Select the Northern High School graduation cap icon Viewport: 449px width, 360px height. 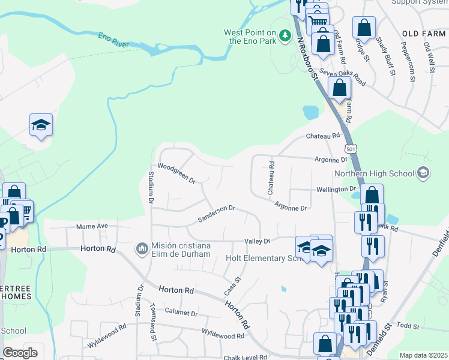tap(423, 173)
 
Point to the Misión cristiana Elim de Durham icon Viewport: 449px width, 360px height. tap(142, 248)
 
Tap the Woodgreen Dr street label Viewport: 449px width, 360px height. tap(176, 173)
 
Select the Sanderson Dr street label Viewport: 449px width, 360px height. tap(216, 214)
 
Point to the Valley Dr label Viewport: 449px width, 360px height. tap(258, 241)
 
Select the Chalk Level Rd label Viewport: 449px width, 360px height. tap(245, 358)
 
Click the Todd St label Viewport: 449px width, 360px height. tap(407, 325)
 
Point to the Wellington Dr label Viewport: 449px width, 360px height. tap(336, 189)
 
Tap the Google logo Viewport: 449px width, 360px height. tap(20, 353)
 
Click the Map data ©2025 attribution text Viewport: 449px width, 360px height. tap(423, 355)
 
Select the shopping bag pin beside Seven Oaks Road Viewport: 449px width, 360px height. tap(340, 88)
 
